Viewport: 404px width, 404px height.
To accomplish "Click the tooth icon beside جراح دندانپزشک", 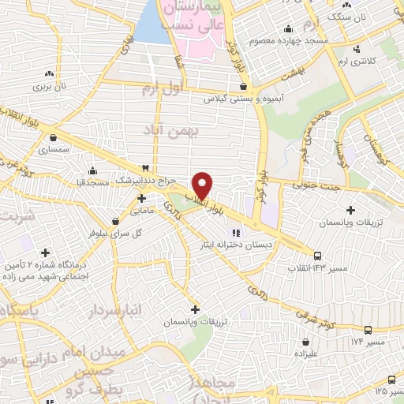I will coord(144,168).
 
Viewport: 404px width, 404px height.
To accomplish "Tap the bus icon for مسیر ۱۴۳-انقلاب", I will coord(317,256).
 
